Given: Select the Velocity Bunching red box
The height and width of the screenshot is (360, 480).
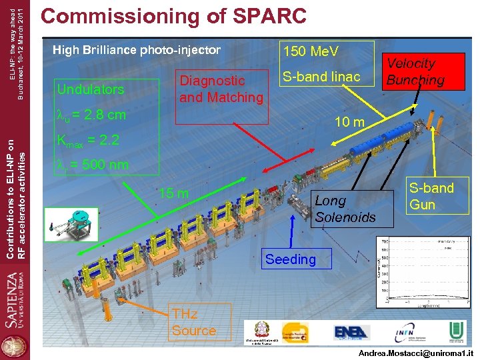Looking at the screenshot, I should point(411,72).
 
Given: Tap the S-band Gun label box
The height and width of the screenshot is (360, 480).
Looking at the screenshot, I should point(431,196).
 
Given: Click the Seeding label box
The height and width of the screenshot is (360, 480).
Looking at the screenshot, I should point(290,259).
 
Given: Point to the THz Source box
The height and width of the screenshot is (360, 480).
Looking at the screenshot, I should point(194,322).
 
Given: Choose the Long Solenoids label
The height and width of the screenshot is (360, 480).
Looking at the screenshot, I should point(345,209).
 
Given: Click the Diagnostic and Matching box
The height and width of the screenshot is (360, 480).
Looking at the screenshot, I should point(221,89).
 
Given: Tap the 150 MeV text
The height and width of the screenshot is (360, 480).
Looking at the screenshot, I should point(311,52).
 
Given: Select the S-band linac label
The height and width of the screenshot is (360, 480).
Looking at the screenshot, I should point(321,77).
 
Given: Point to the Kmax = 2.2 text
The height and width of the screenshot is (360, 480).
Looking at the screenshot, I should point(88,141).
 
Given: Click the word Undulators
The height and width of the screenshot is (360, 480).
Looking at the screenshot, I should point(91,89).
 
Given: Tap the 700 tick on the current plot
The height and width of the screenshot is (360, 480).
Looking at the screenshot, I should point(383,241).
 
